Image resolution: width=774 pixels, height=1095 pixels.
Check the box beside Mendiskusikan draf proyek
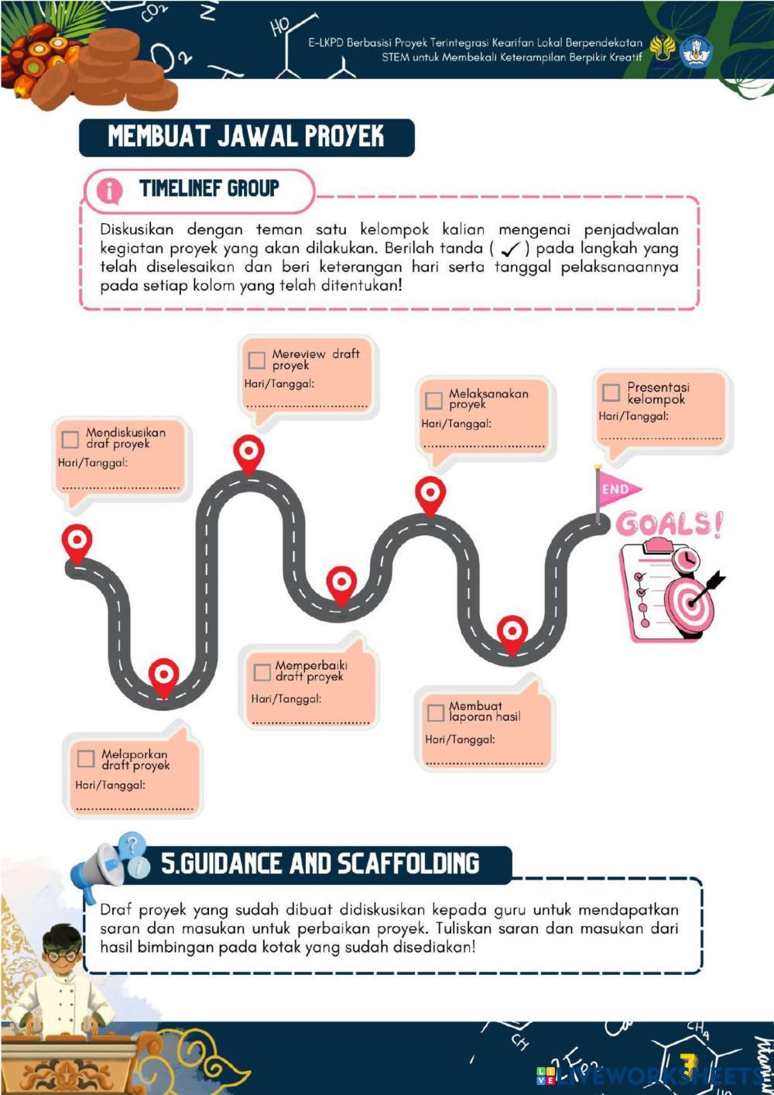click(70, 440)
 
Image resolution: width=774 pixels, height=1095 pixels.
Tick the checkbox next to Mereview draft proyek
click(257, 360)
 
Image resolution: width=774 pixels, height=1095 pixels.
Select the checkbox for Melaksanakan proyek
click(434, 400)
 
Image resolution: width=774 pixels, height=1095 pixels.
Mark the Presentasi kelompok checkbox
click(611, 393)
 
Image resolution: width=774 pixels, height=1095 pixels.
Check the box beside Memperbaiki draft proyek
click(262, 672)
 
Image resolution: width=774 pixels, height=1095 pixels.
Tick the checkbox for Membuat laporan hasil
click(436, 712)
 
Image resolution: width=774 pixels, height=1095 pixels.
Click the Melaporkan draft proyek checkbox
click(86, 759)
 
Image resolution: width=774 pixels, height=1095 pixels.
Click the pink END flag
click(618, 489)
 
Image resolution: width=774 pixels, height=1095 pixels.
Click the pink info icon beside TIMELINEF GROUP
click(109, 191)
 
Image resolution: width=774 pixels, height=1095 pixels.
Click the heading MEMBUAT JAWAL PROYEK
click(246, 137)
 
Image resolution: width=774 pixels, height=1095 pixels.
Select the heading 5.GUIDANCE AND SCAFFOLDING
click(320, 863)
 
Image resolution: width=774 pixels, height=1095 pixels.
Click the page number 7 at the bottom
click(687, 1064)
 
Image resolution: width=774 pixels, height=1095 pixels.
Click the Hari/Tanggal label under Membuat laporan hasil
click(460, 740)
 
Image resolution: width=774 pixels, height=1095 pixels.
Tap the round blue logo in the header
click(695, 51)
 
